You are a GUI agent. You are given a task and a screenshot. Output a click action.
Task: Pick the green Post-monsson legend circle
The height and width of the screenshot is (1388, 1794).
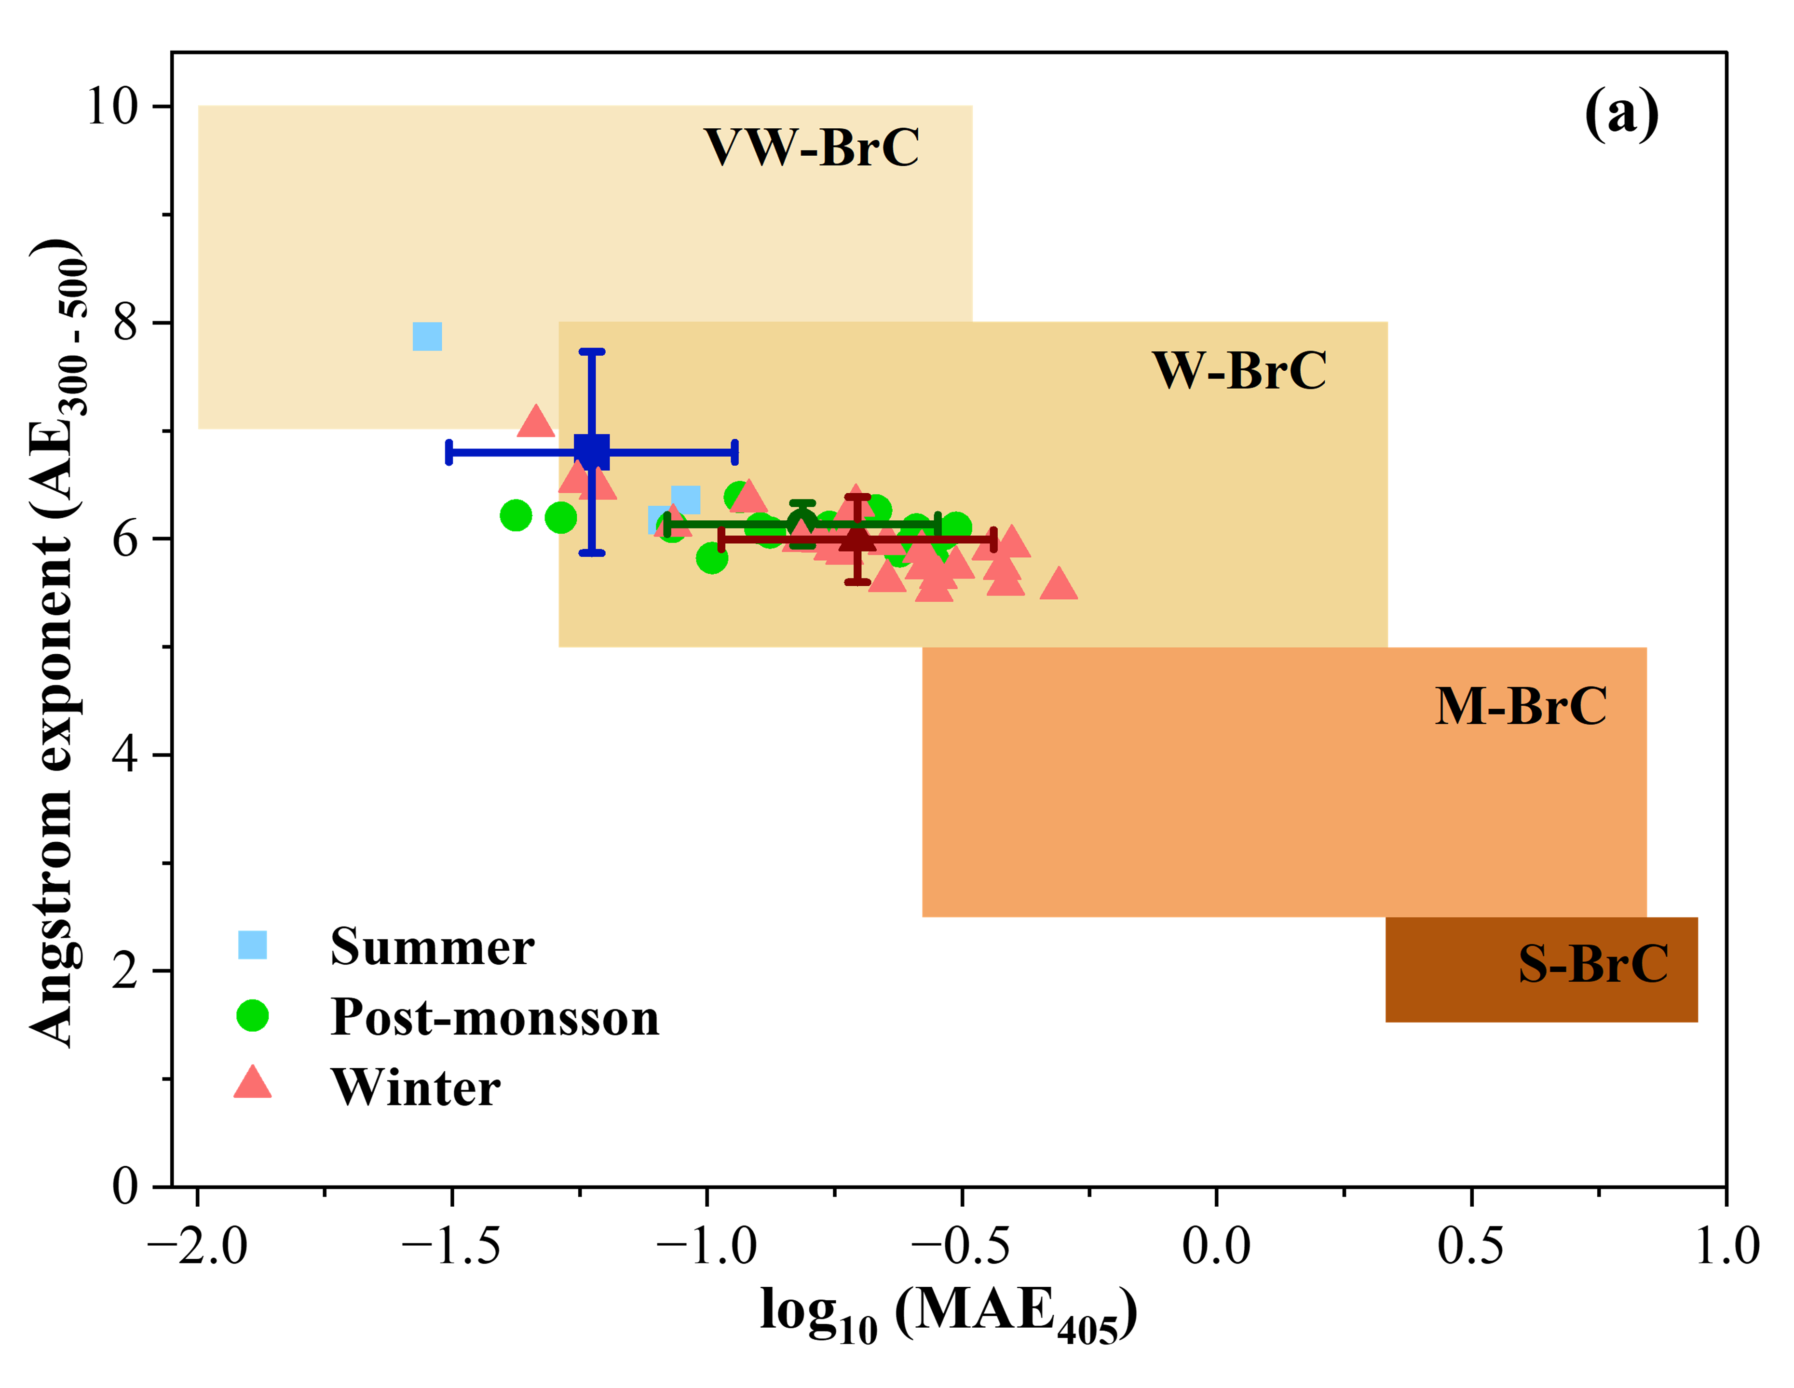pos(252,1015)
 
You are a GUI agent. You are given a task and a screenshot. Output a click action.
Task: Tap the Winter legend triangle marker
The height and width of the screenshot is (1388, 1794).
pos(252,1083)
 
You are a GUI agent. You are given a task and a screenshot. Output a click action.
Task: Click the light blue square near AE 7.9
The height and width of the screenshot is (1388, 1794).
pos(427,336)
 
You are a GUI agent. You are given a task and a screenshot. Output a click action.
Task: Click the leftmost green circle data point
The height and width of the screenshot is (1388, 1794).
pos(515,516)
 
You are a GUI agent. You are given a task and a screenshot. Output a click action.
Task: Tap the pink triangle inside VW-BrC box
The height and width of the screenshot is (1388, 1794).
pos(536,421)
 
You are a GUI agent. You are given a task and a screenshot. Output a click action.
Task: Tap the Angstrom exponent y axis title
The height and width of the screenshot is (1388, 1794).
pos(54,645)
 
